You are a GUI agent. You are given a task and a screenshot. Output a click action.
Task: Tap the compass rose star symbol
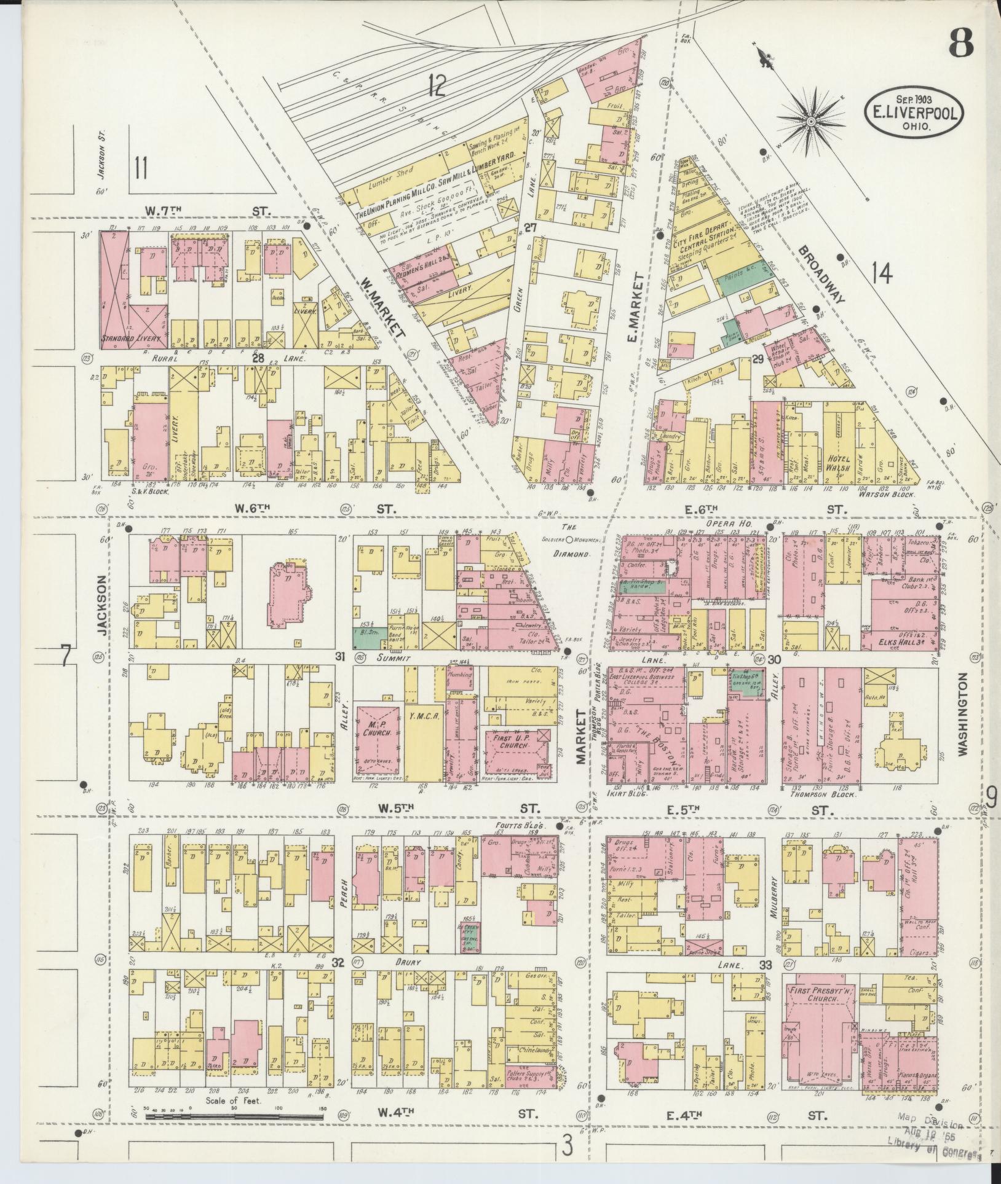click(810, 122)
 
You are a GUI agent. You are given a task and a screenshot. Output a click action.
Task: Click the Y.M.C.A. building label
click(421, 716)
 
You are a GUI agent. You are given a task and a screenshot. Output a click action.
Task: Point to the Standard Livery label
click(131, 339)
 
